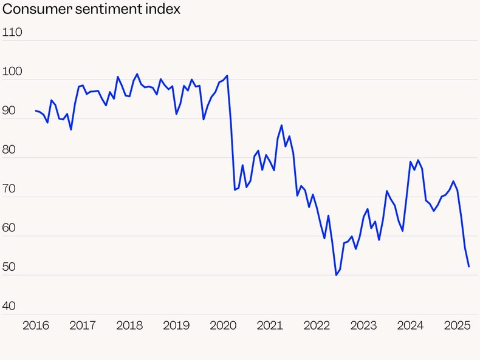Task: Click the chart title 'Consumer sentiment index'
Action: [92, 10]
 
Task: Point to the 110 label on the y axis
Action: [13, 32]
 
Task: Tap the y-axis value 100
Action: [13, 72]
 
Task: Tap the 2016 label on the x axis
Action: [36, 325]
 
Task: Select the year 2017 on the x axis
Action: [83, 325]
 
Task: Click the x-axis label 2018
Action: [129, 325]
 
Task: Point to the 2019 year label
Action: [176, 325]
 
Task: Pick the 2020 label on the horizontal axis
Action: [223, 325]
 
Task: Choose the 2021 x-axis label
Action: [270, 325]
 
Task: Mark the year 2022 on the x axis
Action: [317, 325]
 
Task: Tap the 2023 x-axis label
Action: [363, 325]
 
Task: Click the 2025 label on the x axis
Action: [457, 325]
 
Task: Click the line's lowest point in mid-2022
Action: [336, 275]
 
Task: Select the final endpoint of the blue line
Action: [468, 267]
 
